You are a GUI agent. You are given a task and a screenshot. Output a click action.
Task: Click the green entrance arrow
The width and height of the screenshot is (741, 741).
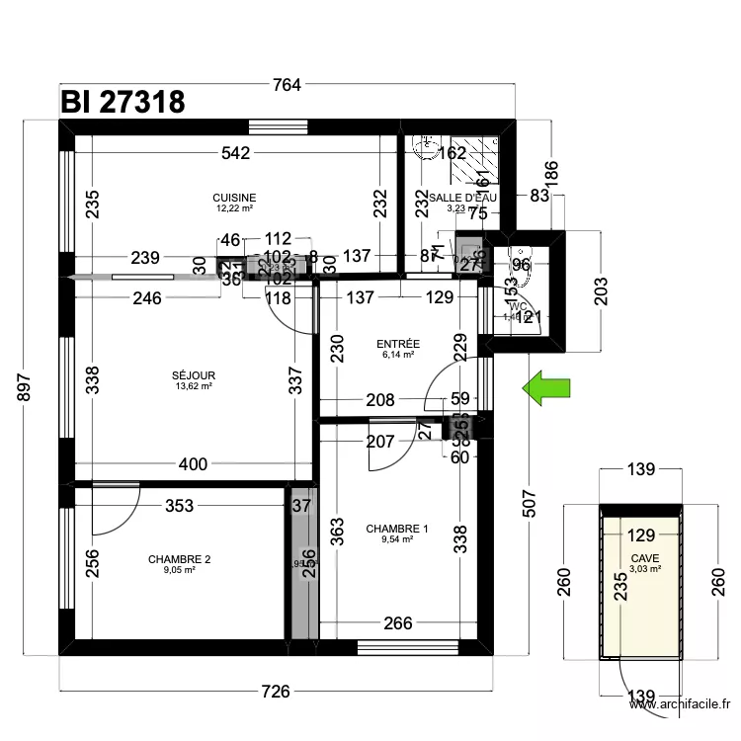[547, 387]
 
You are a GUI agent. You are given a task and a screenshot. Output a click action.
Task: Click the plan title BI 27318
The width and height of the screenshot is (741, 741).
[122, 102]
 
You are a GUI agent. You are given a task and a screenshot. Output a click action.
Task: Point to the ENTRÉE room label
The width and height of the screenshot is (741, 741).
[398, 344]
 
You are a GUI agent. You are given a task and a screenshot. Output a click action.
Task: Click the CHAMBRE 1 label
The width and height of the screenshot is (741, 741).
[397, 530]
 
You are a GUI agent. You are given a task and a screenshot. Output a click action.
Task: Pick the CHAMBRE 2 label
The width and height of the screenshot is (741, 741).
[179, 559]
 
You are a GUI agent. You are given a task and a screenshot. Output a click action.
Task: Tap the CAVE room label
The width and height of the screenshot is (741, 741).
[643, 558]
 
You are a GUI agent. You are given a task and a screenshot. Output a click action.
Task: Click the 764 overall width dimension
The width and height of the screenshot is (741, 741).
[286, 85]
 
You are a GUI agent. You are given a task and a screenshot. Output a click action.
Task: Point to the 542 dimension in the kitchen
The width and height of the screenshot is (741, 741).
[235, 153]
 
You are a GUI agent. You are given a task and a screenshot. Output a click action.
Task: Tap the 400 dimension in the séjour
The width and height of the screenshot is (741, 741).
[194, 464]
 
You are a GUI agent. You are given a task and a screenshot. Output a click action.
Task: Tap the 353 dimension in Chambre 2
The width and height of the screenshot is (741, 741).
[179, 506]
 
